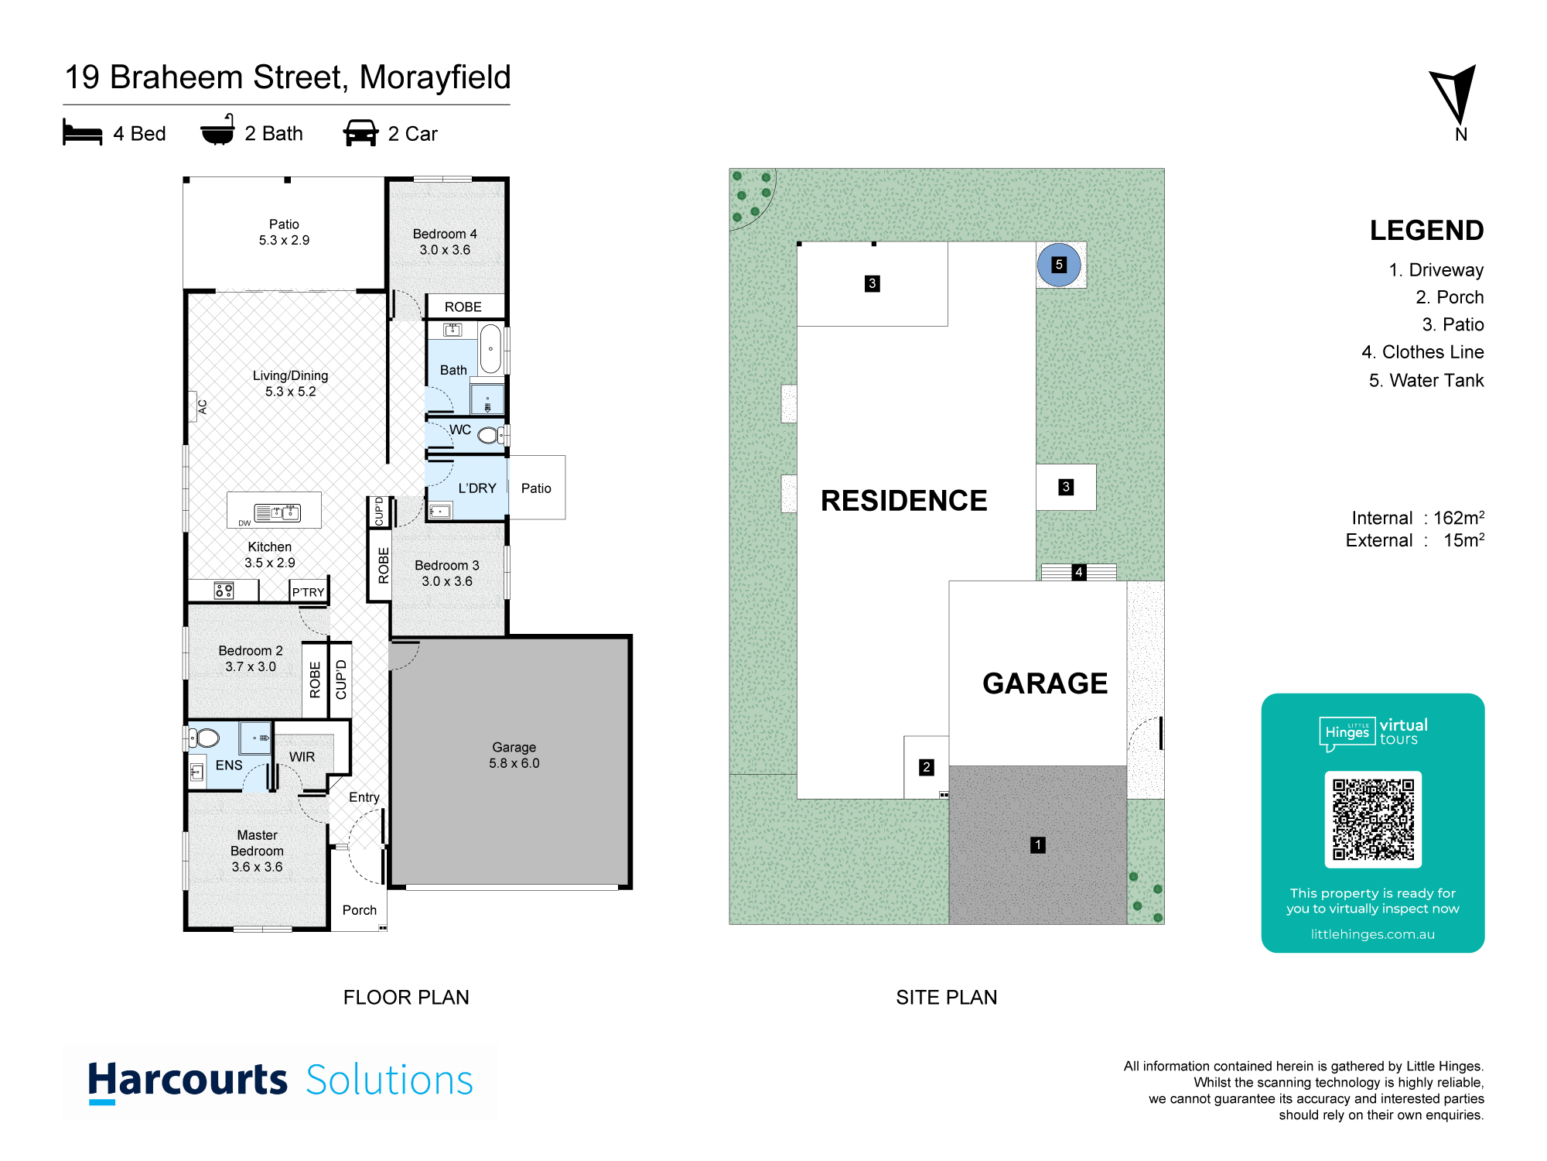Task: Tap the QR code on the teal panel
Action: [1373, 819]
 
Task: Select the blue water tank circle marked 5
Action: [1059, 265]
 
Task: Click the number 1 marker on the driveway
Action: [1038, 845]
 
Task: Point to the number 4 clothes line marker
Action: [1079, 572]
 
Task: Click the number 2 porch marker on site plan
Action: [927, 767]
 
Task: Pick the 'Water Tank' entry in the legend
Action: [1426, 380]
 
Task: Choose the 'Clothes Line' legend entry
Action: [1422, 352]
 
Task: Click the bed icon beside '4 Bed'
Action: [82, 132]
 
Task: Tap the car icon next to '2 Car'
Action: [360, 133]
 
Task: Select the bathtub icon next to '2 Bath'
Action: [217, 130]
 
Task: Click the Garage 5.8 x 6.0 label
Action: [514, 755]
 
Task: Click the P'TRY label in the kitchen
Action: [309, 592]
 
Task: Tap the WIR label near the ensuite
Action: [302, 757]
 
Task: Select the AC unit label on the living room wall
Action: [203, 406]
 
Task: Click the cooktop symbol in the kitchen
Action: [224, 591]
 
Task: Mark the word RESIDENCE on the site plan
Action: [903, 501]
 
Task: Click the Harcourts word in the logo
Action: [187, 1081]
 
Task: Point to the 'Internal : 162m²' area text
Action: [1418, 518]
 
